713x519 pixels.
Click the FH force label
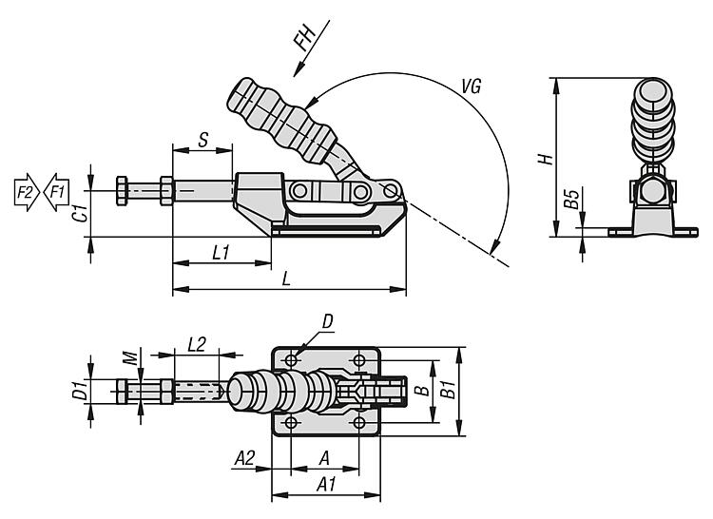coord(304,39)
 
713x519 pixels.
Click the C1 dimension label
coord(81,213)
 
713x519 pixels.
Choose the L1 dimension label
coord(221,252)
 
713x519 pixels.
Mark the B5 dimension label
coord(570,201)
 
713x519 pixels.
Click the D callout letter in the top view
coord(327,323)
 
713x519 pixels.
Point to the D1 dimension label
coord(81,388)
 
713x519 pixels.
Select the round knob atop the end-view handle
coord(651,93)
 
